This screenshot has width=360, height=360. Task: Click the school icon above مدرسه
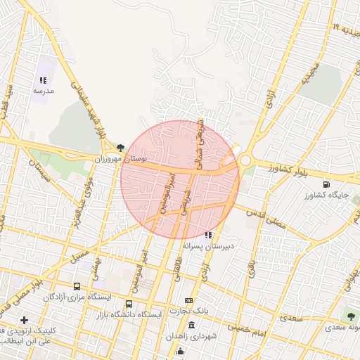coord(42,81)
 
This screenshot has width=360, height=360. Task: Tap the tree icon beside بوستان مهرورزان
coord(121,148)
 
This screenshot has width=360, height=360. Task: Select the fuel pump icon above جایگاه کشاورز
coord(325,186)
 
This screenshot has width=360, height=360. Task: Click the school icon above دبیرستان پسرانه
coord(207,235)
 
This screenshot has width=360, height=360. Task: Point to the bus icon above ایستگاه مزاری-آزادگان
coord(77,287)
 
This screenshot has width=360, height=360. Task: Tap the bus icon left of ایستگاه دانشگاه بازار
coord(148,314)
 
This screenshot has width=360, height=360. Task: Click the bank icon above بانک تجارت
coord(188,300)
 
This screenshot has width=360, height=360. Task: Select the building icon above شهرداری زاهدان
coord(192,325)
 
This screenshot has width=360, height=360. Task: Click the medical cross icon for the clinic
coord(25,320)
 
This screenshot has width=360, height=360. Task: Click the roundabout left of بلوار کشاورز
coord(245,160)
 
